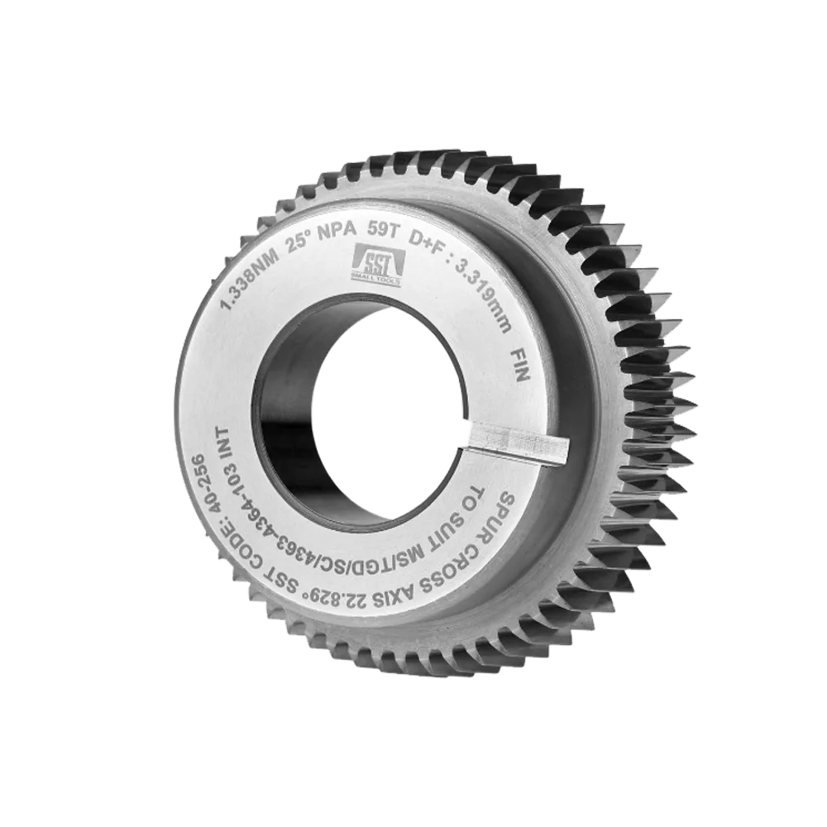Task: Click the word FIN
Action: (521, 366)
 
